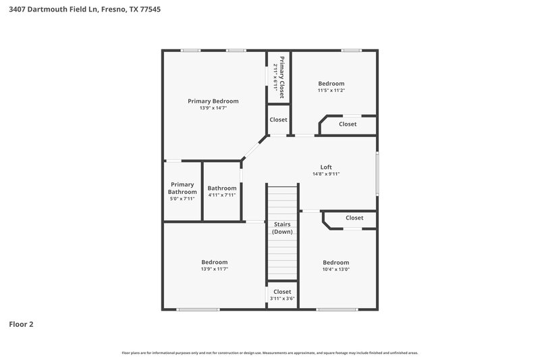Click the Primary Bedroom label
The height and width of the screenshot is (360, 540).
click(213, 101)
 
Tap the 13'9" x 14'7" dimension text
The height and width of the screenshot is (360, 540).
click(213, 108)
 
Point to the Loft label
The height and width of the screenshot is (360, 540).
click(325, 167)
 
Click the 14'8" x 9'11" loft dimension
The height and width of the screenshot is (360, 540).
click(325, 174)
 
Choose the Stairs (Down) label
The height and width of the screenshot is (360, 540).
click(282, 228)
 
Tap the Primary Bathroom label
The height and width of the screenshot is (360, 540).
click(182, 188)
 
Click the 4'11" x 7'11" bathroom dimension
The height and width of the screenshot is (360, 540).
click(222, 195)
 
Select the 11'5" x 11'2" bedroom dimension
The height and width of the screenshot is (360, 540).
click(331, 91)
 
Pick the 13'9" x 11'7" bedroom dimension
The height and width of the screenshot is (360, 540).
click(214, 269)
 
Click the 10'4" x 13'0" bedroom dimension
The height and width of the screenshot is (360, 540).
click(335, 269)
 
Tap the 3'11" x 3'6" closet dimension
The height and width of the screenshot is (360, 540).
click(282, 298)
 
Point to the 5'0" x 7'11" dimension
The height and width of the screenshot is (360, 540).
click(182, 199)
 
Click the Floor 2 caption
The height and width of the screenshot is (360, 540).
click(21, 324)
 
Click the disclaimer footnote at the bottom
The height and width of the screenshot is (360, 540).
click(269, 353)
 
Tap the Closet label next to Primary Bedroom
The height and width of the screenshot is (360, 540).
click(278, 120)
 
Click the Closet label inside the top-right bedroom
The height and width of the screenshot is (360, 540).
click(348, 124)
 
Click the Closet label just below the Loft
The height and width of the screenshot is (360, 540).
click(354, 217)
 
